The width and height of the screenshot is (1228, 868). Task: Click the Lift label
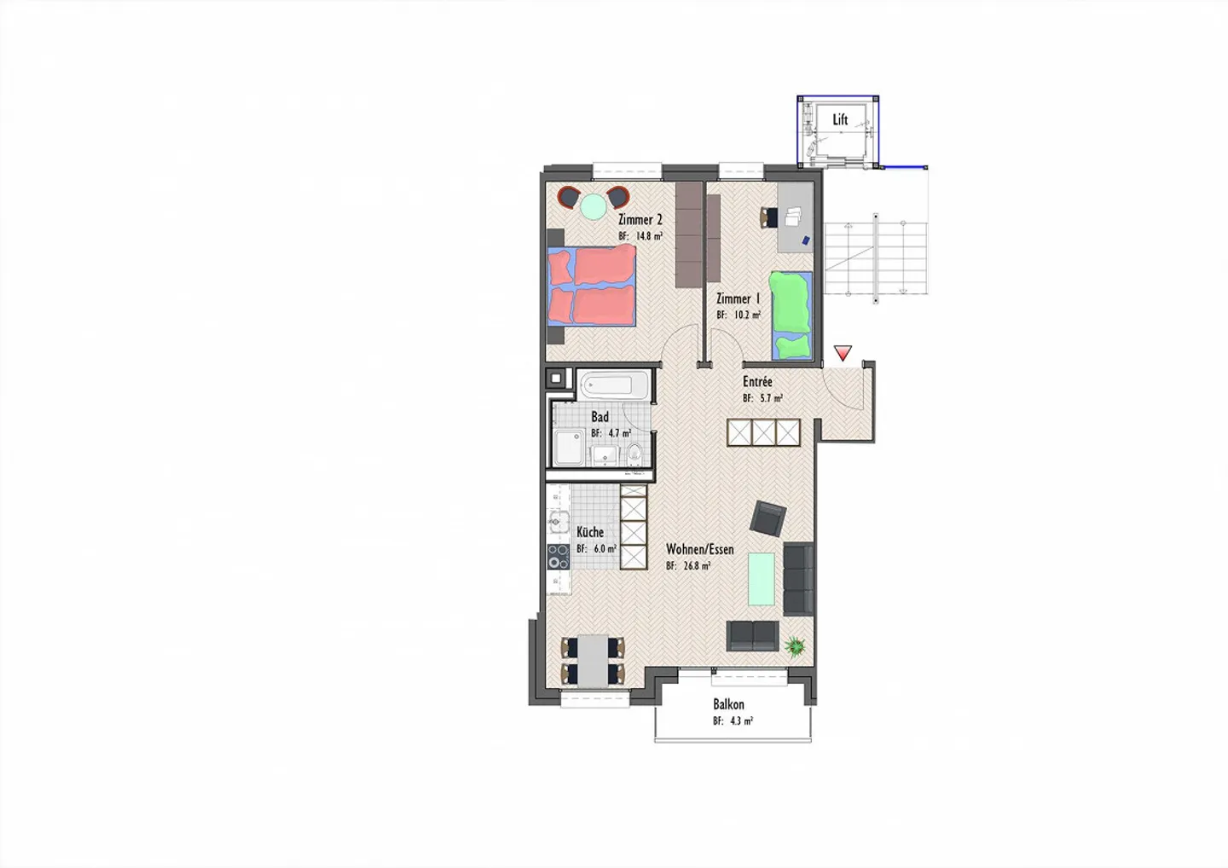point(840,120)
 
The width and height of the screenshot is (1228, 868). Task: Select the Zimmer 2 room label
point(640,220)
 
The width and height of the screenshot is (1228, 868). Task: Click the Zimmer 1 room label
point(738,299)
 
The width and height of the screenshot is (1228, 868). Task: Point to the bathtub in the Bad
point(613,385)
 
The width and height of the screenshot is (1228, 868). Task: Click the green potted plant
point(796,647)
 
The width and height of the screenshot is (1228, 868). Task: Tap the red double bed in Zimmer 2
point(592,286)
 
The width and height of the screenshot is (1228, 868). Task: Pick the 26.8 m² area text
point(689,565)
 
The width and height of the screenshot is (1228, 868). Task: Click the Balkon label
point(728,704)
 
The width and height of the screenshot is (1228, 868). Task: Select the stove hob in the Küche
point(558,557)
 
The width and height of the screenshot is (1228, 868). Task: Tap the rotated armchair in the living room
point(768,518)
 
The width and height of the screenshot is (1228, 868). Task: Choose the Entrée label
point(757,382)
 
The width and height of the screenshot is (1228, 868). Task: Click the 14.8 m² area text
point(640,236)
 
